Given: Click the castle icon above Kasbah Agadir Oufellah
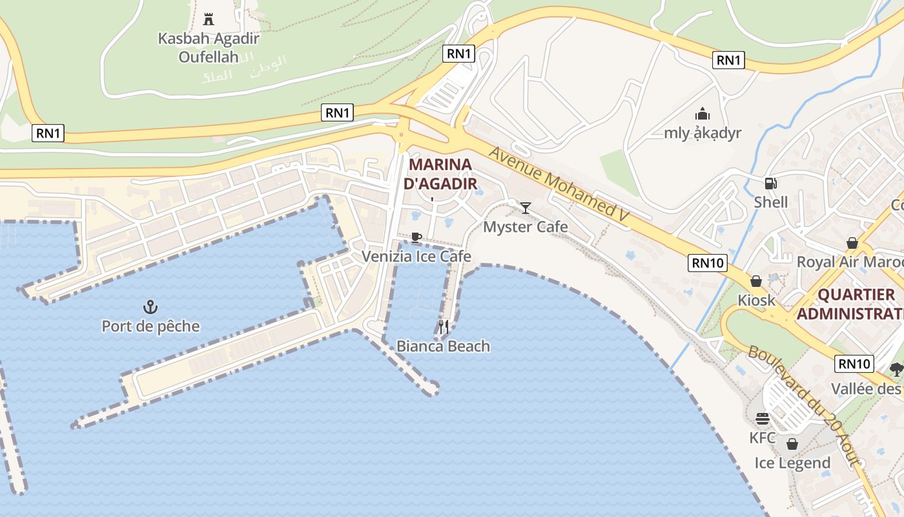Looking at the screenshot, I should click(x=208, y=19).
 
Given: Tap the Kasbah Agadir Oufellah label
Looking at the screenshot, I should click(x=209, y=47).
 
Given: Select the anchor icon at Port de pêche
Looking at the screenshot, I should click(x=150, y=307).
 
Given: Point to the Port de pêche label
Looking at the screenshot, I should click(x=150, y=326).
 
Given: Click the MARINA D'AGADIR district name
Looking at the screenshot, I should click(x=440, y=174).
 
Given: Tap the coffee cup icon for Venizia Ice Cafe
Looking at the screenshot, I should click(x=416, y=237).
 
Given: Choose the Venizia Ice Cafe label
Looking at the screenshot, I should click(x=416, y=257).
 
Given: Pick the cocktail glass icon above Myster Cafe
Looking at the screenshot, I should click(x=526, y=207).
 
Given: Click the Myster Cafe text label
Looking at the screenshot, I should click(x=526, y=227).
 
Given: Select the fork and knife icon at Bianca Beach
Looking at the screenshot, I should click(x=444, y=327).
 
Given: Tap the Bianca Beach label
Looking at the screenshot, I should click(x=443, y=346).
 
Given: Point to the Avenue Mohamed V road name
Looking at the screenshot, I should click(x=559, y=187).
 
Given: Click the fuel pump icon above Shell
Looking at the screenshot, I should click(x=770, y=183).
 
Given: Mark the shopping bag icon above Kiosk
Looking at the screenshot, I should click(x=756, y=282).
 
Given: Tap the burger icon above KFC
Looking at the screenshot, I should click(x=763, y=419).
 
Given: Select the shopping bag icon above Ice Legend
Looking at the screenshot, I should click(x=792, y=444).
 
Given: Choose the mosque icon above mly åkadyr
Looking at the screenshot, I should click(x=703, y=114).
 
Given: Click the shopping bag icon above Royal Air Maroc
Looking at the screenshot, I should click(x=852, y=243).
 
